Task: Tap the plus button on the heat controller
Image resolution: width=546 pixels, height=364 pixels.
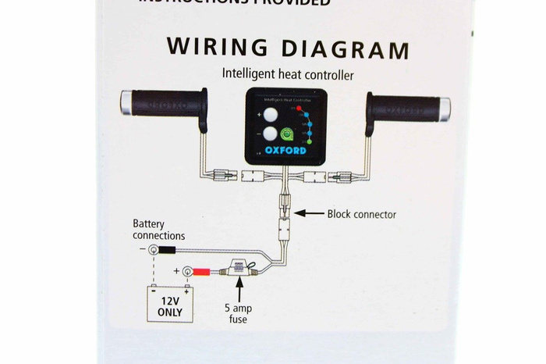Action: tap(270, 115)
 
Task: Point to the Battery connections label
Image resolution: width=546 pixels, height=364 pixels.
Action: tap(159, 230)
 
